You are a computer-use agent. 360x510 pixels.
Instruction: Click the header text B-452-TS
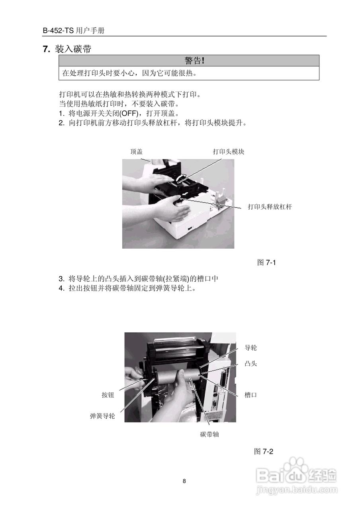59,31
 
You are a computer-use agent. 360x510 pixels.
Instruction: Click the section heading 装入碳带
72,49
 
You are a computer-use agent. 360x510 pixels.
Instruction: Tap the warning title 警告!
194,61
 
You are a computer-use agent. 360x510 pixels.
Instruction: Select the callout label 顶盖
137,152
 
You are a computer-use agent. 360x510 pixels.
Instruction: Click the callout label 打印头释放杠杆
270,207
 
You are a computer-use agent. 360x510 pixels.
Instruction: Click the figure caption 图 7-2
264,451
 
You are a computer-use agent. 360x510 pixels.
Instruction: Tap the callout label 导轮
250,348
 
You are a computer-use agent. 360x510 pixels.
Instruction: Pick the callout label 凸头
250,364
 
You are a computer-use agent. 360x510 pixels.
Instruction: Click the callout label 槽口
250,395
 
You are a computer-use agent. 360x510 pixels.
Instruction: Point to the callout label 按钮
108,395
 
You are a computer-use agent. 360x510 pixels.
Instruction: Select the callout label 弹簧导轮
102,416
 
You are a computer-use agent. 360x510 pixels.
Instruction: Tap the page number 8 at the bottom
184,481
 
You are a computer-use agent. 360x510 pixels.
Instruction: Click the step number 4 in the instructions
61,288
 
